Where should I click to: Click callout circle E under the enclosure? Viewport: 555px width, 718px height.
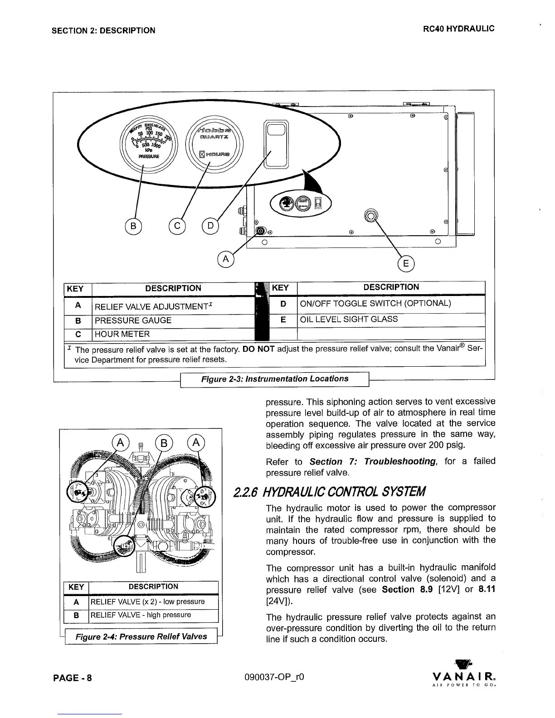[x=406, y=264]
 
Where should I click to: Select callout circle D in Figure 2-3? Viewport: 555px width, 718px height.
[x=210, y=225]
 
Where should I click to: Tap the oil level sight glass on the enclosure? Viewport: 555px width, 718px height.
[x=371, y=215]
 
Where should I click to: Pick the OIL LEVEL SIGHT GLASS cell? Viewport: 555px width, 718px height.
[x=391, y=319]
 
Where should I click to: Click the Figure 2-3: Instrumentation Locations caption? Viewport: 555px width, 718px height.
[x=275, y=379]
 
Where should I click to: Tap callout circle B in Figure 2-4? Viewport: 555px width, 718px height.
[x=164, y=442]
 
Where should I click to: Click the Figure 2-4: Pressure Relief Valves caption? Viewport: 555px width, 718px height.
[x=141, y=636]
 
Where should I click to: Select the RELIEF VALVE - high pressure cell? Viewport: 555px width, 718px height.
[x=153, y=615]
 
